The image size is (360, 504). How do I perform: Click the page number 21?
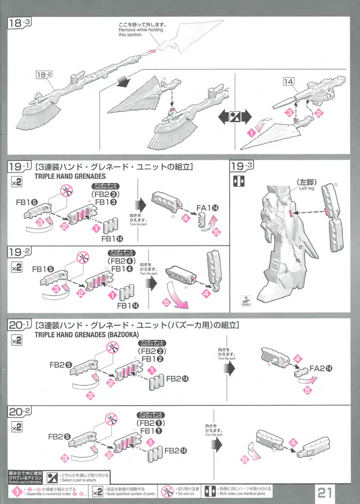click(324, 493)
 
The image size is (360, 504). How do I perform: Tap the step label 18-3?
click(19, 23)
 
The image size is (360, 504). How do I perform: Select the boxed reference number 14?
click(288, 82)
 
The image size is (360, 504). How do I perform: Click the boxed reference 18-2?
click(44, 75)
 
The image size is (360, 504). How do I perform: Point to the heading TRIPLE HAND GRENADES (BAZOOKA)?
click(87, 335)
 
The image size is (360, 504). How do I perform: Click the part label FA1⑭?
click(207, 208)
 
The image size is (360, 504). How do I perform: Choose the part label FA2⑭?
click(321, 369)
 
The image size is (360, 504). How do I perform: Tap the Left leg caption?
click(307, 188)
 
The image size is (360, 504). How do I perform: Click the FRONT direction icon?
click(246, 301)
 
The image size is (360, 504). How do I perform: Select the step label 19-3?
click(242, 166)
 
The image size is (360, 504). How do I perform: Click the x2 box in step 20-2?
click(16, 427)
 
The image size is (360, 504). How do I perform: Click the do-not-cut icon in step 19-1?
click(67, 191)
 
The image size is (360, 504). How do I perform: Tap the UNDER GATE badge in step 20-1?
click(152, 343)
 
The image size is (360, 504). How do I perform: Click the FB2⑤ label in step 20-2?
click(59, 437)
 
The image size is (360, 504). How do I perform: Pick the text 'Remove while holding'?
click(141, 30)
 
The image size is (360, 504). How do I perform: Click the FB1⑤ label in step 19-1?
click(27, 202)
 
